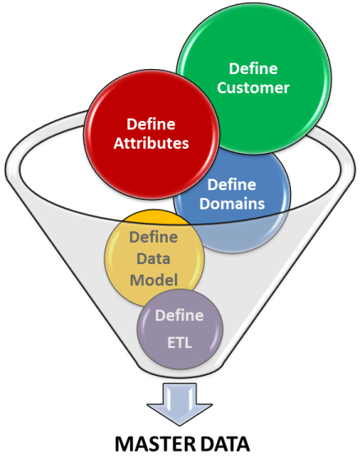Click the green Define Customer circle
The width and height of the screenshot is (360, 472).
click(254, 79)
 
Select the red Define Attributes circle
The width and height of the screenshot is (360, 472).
click(151, 135)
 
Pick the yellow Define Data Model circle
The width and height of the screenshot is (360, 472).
click(154, 258)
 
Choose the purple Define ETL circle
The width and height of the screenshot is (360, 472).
click(180, 329)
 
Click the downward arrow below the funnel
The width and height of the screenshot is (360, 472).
click(180, 404)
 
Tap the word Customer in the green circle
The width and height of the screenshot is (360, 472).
click(253, 88)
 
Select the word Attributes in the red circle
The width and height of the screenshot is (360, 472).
click(151, 143)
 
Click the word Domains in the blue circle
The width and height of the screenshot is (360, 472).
click(232, 203)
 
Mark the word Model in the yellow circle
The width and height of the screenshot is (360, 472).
click(154, 280)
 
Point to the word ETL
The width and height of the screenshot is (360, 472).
click(179, 343)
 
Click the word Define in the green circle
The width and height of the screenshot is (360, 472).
click(253, 68)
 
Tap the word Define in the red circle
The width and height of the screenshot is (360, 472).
click(150, 124)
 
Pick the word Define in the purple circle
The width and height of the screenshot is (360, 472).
click(179, 316)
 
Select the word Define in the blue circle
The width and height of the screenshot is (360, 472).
click(232, 184)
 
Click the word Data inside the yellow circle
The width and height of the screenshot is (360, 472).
click(154, 258)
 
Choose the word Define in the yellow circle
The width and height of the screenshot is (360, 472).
click(154, 237)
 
